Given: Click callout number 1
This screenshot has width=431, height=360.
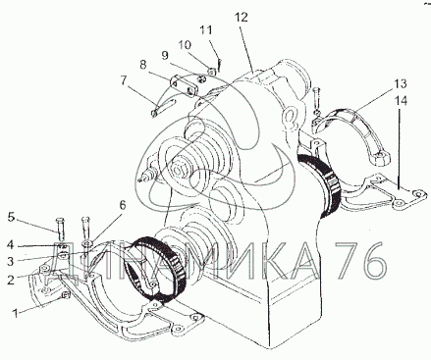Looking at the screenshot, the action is point(15,313).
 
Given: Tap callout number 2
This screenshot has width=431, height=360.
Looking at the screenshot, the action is point(11,280).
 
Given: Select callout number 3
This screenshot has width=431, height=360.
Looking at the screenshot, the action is point(11,261).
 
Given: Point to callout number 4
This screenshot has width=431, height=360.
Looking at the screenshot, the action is point(11,244).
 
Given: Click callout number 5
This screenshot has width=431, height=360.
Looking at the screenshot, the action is point(12,218).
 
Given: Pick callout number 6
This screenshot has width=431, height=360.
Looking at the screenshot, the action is point(122,205).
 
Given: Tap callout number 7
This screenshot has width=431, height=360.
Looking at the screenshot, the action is point(123,80).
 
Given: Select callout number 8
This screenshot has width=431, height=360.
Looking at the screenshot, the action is point(142,65).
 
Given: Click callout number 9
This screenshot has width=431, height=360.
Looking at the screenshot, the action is point(165,56).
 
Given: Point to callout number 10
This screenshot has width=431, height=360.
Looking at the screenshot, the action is point(185,45).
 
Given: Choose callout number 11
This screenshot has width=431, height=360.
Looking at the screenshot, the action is point(206,30).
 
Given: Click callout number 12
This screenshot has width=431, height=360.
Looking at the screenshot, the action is point(242,17).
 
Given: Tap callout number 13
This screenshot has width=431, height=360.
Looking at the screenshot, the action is point(401,83).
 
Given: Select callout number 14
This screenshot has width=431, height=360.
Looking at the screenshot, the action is point(401,101).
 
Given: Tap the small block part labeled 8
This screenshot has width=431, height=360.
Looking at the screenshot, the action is point(184,85).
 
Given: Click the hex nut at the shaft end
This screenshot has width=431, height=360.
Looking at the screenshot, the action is point(178,171).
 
